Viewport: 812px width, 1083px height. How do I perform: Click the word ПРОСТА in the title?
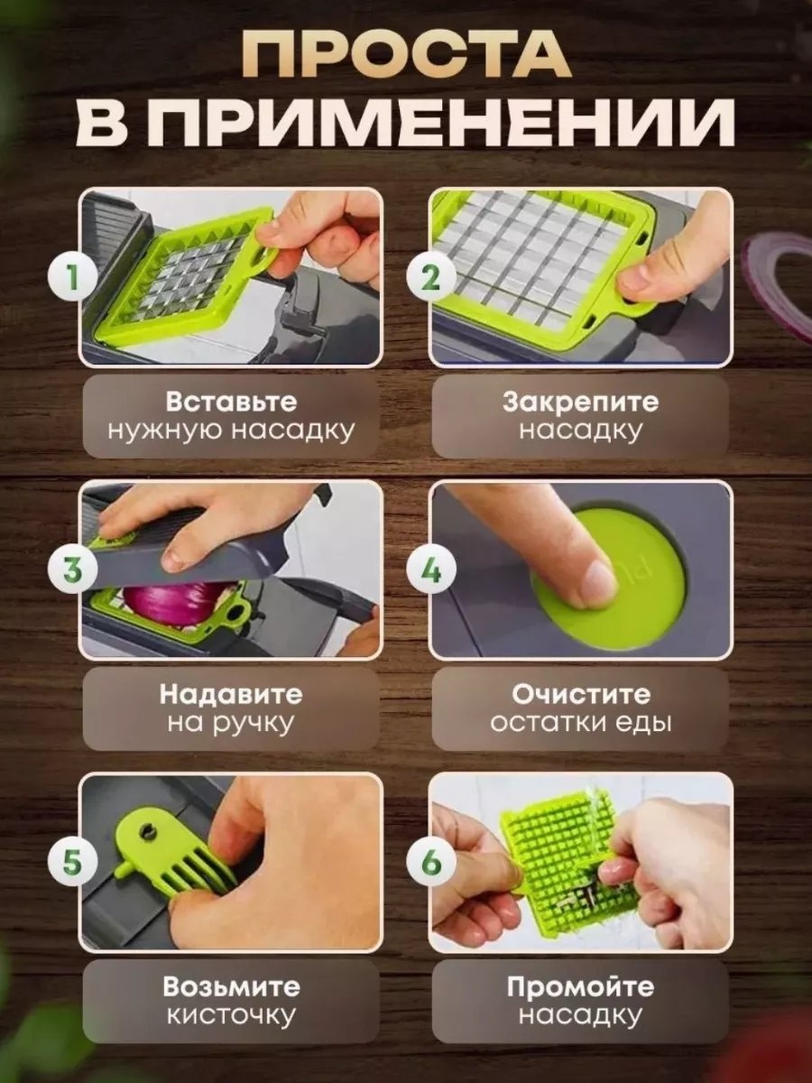pyautogui.click(x=406, y=54)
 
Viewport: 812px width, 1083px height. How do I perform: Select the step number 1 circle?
pyautogui.click(x=73, y=277)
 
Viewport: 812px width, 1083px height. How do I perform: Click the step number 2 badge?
pyautogui.click(x=431, y=277)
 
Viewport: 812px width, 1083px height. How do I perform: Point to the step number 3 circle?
pyautogui.click(x=73, y=569)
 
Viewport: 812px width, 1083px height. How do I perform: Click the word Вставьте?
pyautogui.click(x=231, y=403)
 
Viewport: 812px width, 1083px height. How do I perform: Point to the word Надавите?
pyautogui.click(x=231, y=695)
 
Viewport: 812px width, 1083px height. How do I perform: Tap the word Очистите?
pyautogui.click(x=581, y=695)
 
